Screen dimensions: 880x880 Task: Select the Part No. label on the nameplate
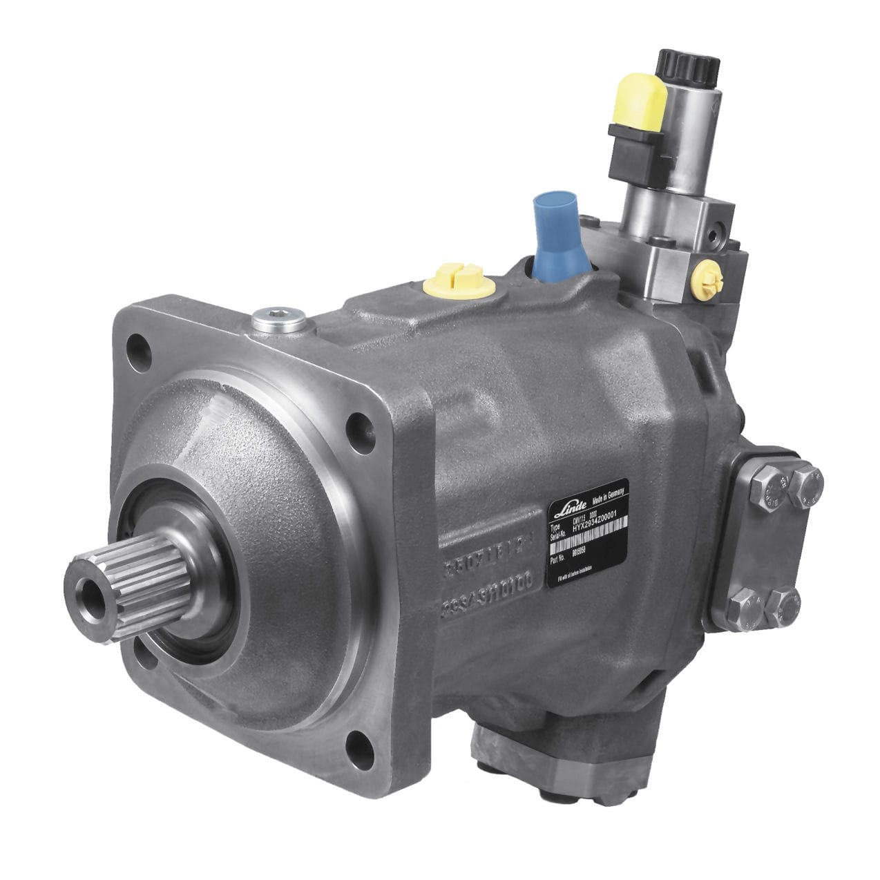[x=558, y=557]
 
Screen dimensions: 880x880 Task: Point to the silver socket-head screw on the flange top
[x=278, y=318]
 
